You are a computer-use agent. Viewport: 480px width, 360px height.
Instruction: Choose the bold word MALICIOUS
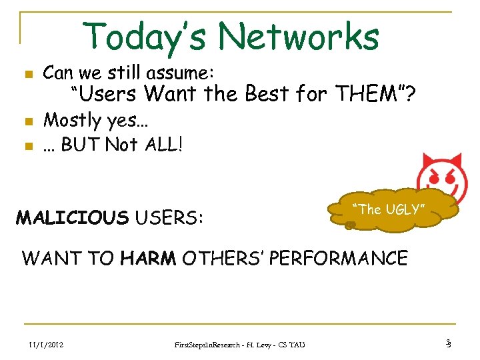72,217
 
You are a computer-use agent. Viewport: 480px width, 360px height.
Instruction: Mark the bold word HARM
148,258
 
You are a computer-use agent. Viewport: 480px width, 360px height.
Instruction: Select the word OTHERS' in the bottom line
225,258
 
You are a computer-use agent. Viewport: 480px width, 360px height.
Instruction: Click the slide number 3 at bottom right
449,343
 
